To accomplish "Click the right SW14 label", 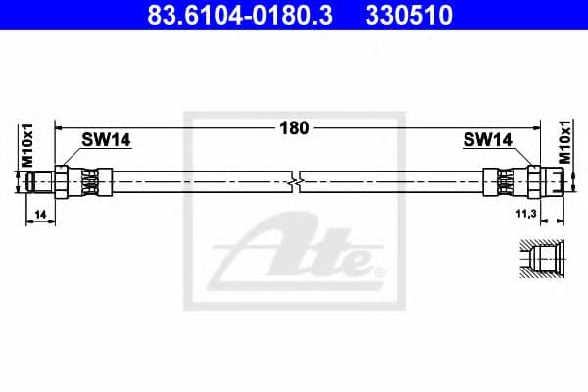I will [x=487, y=141].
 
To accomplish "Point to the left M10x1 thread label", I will [x=27, y=146].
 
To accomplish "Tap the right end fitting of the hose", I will [x=551, y=181].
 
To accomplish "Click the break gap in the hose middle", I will [x=297, y=181].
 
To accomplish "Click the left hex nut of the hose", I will [x=65, y=181].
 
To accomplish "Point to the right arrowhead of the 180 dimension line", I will [x=538, y=127].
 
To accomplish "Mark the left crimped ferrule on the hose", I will [x=91, y=181].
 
